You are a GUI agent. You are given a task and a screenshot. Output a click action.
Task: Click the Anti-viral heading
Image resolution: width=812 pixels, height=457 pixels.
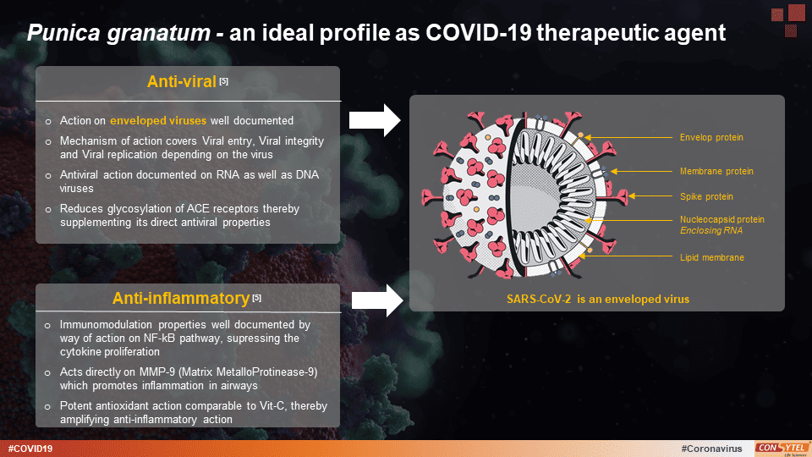181,82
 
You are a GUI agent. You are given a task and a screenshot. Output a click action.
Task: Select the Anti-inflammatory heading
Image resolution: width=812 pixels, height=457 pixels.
180,298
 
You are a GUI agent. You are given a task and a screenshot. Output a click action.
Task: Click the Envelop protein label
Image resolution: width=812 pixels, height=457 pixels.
711,137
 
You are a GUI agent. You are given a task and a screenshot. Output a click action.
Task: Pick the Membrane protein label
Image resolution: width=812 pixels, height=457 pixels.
716,171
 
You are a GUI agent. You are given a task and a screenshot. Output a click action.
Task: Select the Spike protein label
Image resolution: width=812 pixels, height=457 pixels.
706,196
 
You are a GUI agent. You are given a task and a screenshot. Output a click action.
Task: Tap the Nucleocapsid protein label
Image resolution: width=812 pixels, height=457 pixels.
721,219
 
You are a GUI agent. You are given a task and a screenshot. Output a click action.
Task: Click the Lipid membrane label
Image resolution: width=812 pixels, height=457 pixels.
712,257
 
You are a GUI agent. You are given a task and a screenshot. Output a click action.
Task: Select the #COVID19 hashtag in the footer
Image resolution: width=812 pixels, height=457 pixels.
30,448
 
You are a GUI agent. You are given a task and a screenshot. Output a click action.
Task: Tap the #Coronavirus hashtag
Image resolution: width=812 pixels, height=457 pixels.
710,448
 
